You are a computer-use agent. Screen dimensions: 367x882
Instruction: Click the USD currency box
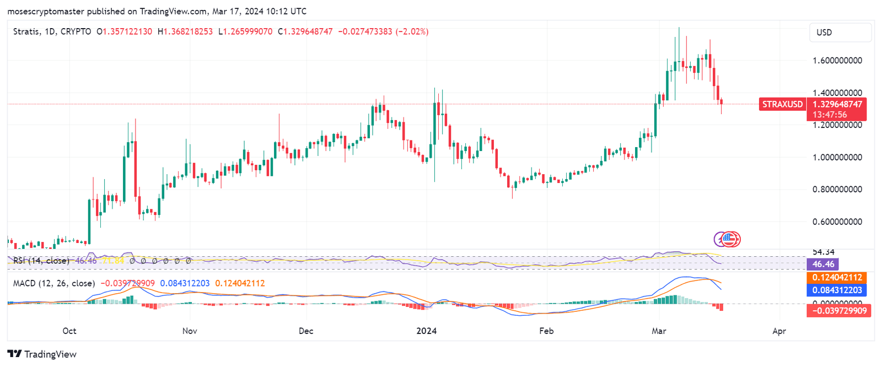click(x=840, y=33)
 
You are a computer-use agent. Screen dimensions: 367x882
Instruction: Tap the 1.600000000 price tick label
click(x=837, y=61)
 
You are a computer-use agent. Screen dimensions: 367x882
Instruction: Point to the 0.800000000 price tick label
click(x=837, y=190)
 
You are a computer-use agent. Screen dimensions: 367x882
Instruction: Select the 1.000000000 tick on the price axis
click(x=837, y=158)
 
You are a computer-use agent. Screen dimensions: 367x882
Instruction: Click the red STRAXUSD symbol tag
click(x=782, y=104)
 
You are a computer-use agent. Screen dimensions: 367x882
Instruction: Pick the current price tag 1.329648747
click(x=837, y=104)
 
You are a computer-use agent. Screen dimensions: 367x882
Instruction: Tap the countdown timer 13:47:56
click(x=830, y=115)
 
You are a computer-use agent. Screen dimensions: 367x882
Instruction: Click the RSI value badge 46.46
click(x=822, y=265)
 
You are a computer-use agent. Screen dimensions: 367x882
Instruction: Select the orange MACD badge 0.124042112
click(x=837, y=277)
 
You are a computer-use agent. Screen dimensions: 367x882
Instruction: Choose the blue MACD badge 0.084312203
click(x=837, y=290)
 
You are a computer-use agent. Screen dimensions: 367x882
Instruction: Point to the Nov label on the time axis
click(x=190, y=331)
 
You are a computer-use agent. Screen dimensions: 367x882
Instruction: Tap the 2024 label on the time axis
click(x=426, y=331)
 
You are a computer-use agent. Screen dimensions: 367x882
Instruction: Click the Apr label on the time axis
click(x=779, y=331)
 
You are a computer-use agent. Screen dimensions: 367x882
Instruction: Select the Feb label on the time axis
click(x=546, y=331)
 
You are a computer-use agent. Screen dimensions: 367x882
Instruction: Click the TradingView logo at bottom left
click(x=42, y=354)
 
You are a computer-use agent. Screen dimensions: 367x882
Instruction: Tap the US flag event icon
click(x=730, y=239)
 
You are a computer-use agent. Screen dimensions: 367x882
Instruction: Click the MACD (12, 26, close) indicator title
click(x=54, y=283)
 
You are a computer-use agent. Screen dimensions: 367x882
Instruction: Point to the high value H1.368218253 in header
click(x=185, y=32)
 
